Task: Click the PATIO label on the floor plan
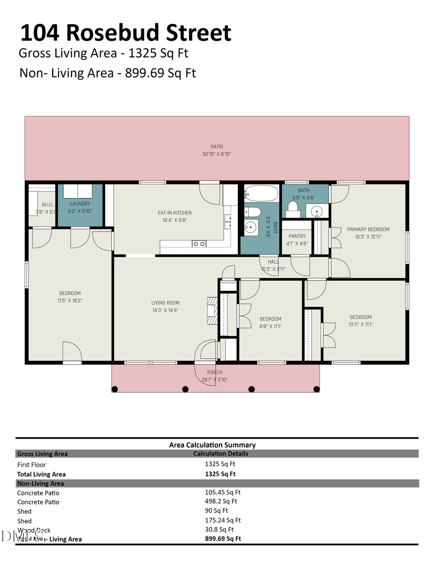click(x=217, y=147)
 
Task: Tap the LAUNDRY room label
click(x=80, y=204)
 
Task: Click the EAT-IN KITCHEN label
click(x=175, y=213)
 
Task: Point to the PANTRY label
click(x=297, y=236)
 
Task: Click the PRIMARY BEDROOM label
click(x=368, y=230)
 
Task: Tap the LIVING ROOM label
click(x=165, y=303)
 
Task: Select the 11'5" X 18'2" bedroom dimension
click(x=70, y=300)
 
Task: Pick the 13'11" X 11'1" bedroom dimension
click(x=361, y=324)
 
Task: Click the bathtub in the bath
click(x=261, y=193)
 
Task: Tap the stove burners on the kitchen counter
click(x=199, y=244)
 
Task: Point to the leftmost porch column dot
click(x=115, y=389)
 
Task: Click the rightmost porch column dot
click(x=316, y=389)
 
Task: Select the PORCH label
click(x=215, y=372)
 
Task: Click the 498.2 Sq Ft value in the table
click(x=221, y=501)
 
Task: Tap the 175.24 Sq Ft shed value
click(x=222, y=520)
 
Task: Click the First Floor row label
click(x=31, y=465)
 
